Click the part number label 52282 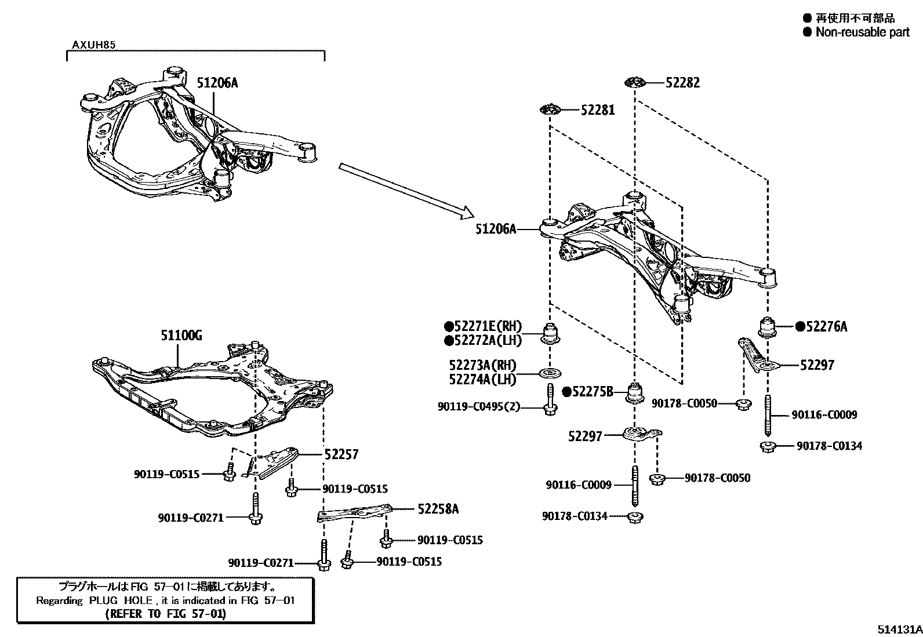[682, 83]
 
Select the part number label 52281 [598, 110]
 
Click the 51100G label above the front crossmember [181, 335]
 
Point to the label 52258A [438, 509]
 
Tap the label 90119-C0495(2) [479, 407]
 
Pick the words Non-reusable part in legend [862, 32]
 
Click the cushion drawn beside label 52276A [768, 327]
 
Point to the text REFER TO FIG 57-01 [166, 613]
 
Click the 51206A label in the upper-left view [217, 83]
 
